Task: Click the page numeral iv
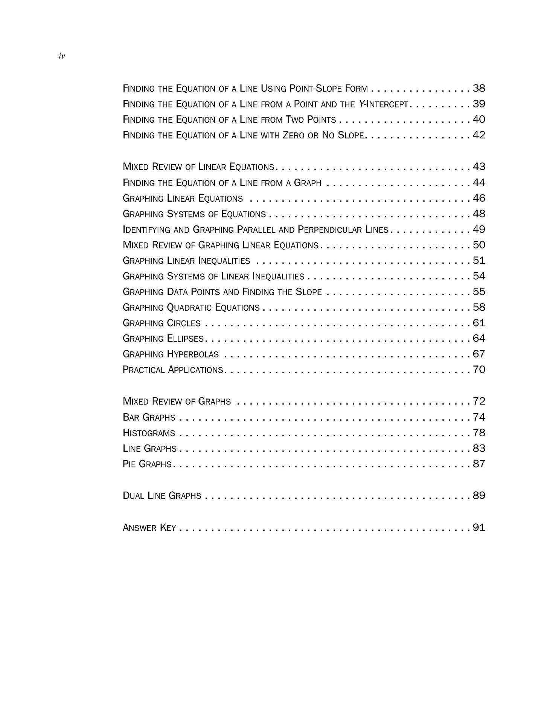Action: [62, 56]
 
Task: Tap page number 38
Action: [479, 89]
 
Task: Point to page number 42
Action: [479, 135]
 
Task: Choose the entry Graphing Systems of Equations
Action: [194, 214]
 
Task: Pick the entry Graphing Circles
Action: [162, 323]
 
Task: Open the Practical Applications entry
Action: [173, 370]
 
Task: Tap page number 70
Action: [479, 369]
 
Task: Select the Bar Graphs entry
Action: [149, 417]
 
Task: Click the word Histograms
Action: [149, 433]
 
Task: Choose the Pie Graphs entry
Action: [147, 464]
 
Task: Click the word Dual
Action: [133, 495]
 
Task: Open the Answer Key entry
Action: [149, 527]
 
